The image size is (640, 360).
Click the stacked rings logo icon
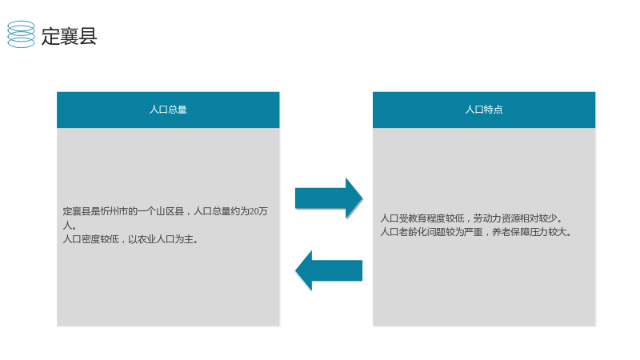coord(22,34)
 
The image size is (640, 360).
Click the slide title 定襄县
coord(69,36)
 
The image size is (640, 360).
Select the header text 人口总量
coord(168,110)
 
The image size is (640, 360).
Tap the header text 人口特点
coord(484,110)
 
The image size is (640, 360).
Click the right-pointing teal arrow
coord(329,198)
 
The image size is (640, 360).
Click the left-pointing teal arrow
coord(329,270)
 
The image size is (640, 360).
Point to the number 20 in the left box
coord(254,211)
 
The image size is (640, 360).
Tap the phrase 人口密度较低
coord(90,239)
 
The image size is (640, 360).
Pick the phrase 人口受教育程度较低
coord(422,218)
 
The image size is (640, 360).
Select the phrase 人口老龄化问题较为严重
coord(431,232)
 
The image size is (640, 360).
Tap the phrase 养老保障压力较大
coord(530,232)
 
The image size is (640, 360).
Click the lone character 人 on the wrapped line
coord(67,225)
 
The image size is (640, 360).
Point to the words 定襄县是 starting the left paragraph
coord(82,211)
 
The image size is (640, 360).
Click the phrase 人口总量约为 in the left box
coord(221,211)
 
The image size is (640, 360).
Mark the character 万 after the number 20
coord(263,211)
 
